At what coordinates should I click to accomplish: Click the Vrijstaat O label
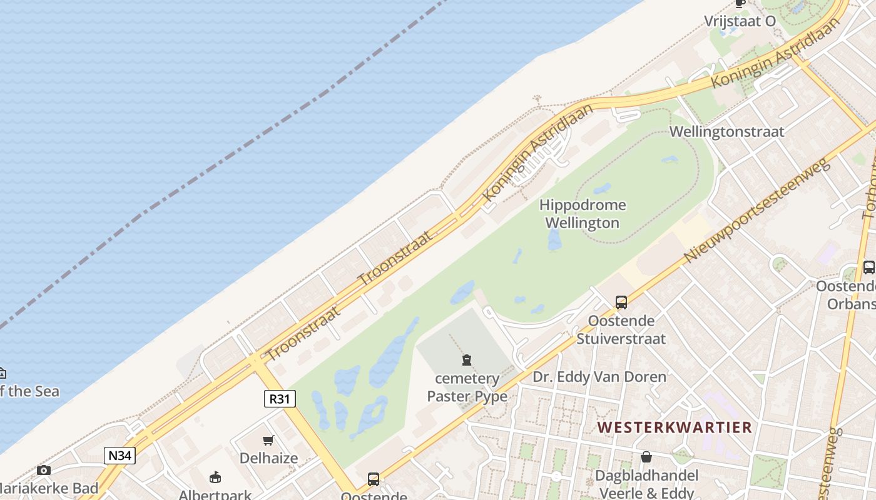click(x=740, y=21)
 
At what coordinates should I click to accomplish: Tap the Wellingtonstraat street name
click(x=726, y=132)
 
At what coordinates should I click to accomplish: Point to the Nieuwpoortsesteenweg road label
click(x=756, y=210)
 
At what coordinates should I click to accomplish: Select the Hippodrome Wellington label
click(x=583, y=214)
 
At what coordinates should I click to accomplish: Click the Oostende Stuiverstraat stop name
click(x=621, y=329)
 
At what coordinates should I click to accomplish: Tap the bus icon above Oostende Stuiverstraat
click(x=621, y=302)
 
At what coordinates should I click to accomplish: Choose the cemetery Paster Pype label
click(x=467, y=387)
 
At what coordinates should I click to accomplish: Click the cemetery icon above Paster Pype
click(x=466, y=360)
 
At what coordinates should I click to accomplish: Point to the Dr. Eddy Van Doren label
click(x=599, y=377)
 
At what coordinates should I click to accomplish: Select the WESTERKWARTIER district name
click(x=674, y=427)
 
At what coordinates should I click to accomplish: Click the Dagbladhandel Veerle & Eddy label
click(x=646, y=484)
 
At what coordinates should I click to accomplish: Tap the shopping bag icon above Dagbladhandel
click(x=646, y=457)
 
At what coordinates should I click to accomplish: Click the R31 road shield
click(x=279, y=399)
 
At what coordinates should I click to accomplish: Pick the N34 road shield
click(x=120, y=456)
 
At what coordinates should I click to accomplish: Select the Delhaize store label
click(x=268, y=458)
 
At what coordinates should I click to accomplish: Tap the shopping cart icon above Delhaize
click(x=268, y=440)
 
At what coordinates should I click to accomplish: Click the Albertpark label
click(x=215, y=494)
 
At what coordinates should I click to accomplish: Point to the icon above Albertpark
click(x=215, y=477)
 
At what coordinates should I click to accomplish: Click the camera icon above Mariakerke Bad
click(x=43, y=470)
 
